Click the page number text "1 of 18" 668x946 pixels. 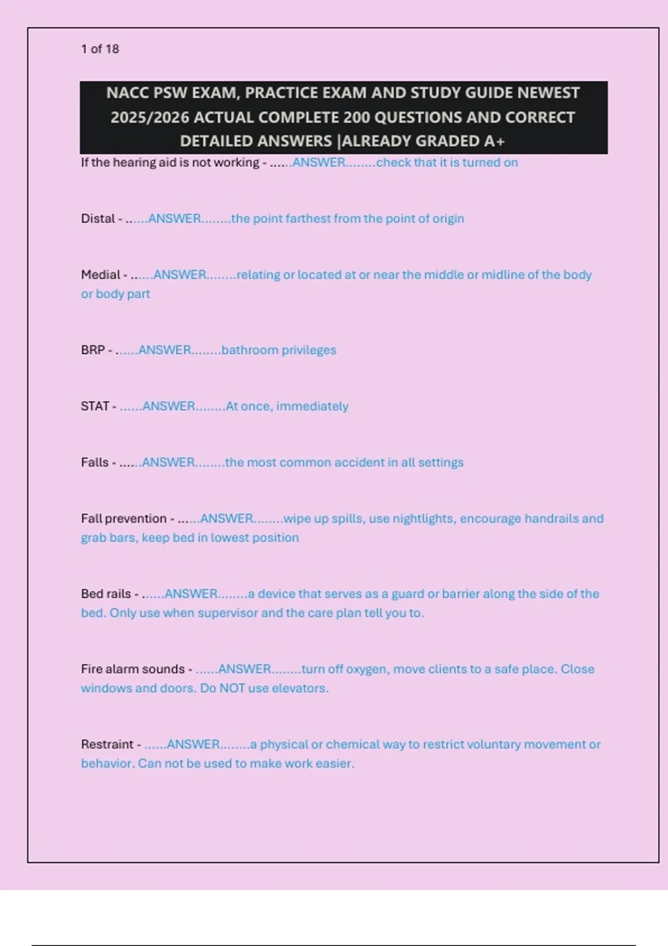100,49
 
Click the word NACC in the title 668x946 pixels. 128,93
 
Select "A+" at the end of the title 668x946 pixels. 494,141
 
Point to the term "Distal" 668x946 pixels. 98,219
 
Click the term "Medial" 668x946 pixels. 100,275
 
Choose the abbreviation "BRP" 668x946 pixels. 92,350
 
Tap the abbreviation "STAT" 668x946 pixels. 95,406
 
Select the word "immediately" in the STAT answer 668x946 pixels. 312,406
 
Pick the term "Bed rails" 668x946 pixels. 106,594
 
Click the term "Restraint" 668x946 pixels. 107,745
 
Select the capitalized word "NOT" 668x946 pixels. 232,688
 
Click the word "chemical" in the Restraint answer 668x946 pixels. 350,745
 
